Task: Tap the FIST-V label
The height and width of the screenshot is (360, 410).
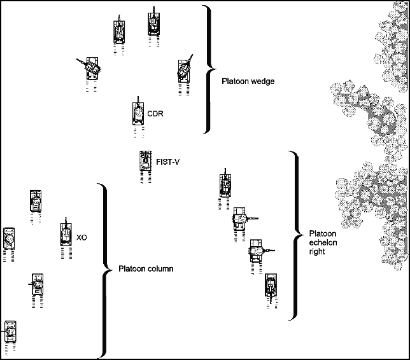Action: [167, 162]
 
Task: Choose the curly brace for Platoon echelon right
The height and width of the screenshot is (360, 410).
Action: [293, 235]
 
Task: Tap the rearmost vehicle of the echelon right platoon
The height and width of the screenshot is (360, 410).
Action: [271, 286]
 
